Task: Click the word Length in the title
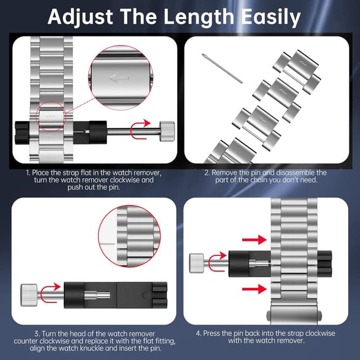(199, 17)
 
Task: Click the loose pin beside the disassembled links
(222, 68)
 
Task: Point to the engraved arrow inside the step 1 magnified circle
(119, 78)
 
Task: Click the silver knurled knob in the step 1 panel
(167, 131)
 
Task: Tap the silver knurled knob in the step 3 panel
(29, 295)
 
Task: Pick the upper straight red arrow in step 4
(254, 240)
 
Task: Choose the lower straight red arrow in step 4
(254, 289)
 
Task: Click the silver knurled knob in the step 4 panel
(196, 263)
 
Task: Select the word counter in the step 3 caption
(25, 341)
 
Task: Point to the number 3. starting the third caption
(38, 334)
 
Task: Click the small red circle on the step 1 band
(51, 116)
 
